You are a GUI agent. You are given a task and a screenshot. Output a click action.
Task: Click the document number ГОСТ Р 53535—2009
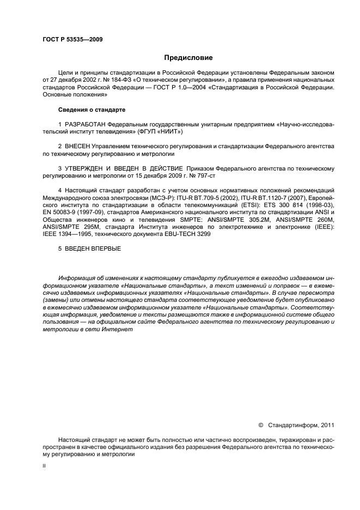click(x=72, y=39)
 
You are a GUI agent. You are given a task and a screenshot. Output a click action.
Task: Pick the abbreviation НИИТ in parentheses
click(x=167, y=131)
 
